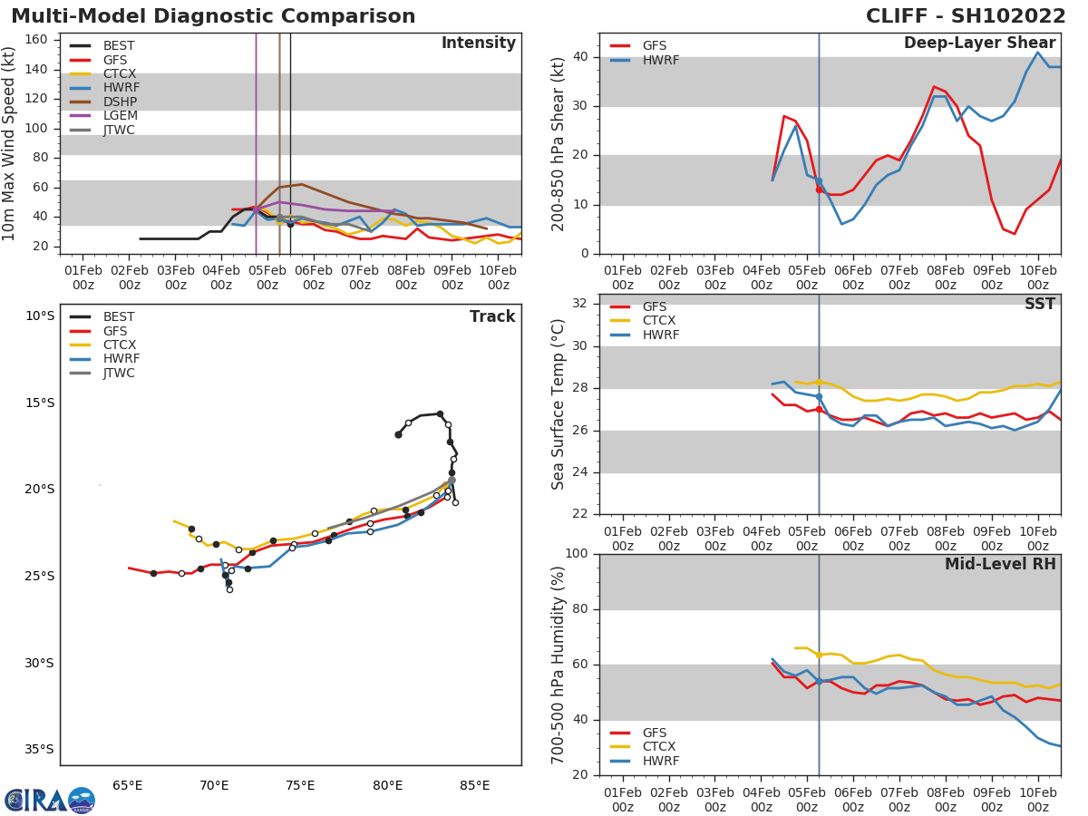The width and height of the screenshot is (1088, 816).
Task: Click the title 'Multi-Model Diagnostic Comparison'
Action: point(213,16)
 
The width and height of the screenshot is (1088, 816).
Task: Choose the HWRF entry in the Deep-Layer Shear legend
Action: point(660,60)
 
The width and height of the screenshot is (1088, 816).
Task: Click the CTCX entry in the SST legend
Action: point(659,320)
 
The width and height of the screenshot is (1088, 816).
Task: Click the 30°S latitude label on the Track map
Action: point(38,663)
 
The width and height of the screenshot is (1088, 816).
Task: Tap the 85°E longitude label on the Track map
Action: point(474,785)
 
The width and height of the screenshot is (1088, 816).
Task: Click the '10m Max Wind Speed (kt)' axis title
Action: point(10,143)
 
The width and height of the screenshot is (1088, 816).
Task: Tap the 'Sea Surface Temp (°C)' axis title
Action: point(559,404)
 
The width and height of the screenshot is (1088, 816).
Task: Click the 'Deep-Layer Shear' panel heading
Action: point(979,44)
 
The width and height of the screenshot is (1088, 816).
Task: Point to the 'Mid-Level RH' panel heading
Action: point(999,564)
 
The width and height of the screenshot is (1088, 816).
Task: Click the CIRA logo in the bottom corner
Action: point(50,800)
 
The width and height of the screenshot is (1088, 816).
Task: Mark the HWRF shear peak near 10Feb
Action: point(1038,52)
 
